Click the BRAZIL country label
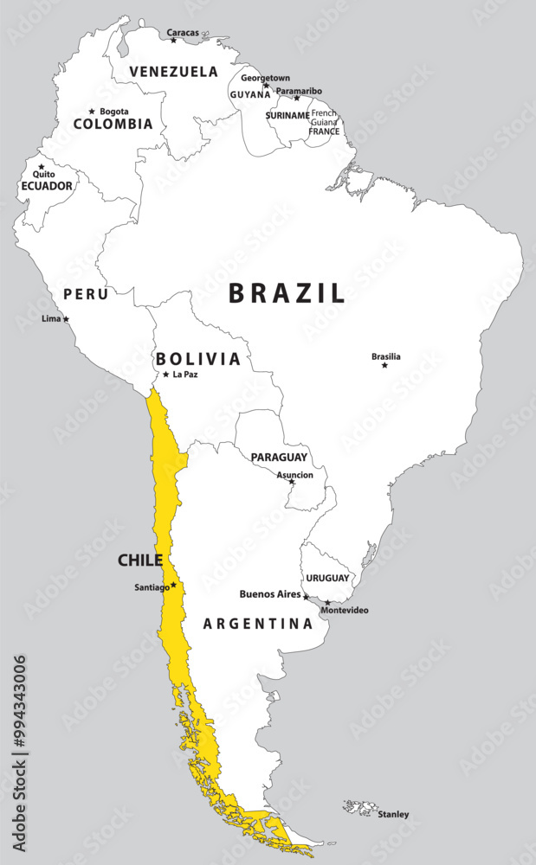coord(287,293)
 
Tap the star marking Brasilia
coord(384,365)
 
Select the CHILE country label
coord(140,561)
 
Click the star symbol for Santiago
coord(173,585)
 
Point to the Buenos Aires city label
coord(269,594)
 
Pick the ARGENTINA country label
coord(257,624)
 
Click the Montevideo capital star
coord(327,602)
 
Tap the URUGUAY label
coord(327,578)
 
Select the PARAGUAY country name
coord(279,457)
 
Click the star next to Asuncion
coord(292,482)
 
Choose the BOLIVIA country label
coord(197,359)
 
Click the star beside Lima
coord(66,318)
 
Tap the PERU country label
coord(86,294)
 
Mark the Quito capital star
coord(41,166)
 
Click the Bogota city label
coord(114,112)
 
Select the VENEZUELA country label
coord(173,71)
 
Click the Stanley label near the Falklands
coord(393,814)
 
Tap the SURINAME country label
coord(287,115)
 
